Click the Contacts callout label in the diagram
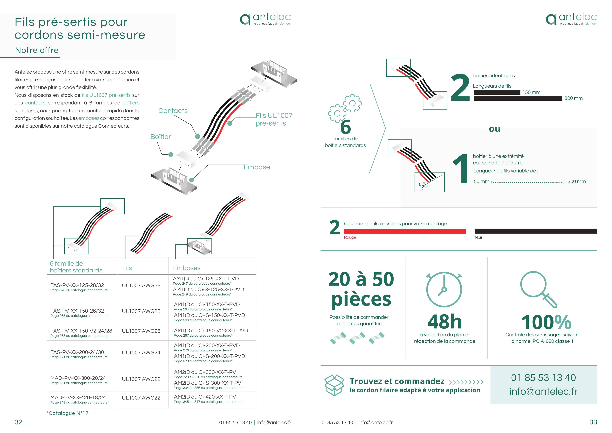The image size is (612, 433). coord(173,111)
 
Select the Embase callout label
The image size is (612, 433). coord(257,167)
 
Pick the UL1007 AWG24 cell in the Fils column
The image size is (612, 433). coord(141,353)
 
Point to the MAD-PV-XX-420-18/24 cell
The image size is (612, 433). coord(79,399)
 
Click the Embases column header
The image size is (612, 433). coord(187,268)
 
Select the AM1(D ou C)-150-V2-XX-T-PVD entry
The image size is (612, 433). coord(211,331)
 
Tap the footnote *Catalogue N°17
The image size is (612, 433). coord(67,413)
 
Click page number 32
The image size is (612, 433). coord(18,422)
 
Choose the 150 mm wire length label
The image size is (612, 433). coord(531,92)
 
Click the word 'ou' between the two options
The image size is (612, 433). coord(494,129)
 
